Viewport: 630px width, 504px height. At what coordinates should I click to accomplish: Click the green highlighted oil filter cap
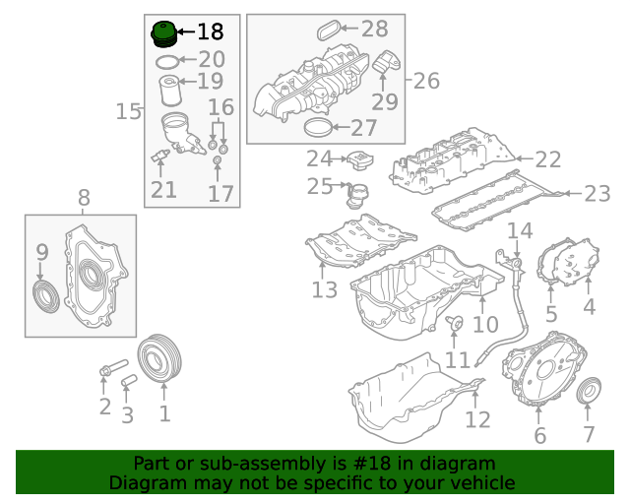[x=163, y=34]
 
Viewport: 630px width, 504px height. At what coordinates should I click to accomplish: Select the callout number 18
[x=211, y=31]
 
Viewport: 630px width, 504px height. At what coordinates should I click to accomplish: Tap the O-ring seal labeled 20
[x=167, y=62]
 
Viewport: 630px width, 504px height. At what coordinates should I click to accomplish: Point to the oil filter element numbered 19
[x=170, y=91]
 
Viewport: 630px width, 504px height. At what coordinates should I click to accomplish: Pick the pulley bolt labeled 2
[x=114, y=367]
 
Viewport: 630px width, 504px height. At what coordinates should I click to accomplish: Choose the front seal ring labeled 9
[x=46, y=296]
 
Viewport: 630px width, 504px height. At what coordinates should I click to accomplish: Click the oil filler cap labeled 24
[x=360, y=160]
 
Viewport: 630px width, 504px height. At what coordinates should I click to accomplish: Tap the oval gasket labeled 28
[x=328, y=31]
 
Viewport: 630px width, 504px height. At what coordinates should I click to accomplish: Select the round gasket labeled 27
[x=318, y=128]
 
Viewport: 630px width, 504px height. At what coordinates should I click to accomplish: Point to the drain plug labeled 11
[x=455, y=323]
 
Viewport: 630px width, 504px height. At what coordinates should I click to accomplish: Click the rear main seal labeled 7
[x=589, y=390]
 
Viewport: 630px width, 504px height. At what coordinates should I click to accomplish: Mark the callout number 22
[x=548, y=159]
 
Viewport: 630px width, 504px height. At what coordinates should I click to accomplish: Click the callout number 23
[x=598, y=194]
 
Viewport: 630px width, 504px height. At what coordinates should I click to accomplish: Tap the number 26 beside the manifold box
[x=426, y=81]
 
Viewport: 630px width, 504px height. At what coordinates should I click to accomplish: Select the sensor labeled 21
[x=159, y=156]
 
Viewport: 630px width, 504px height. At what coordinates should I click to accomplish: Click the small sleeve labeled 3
[x=129, y=381]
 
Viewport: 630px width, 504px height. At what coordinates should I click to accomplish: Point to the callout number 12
[x=477, y=419]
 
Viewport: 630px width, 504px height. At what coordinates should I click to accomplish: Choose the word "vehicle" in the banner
[x=485, y=482]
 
